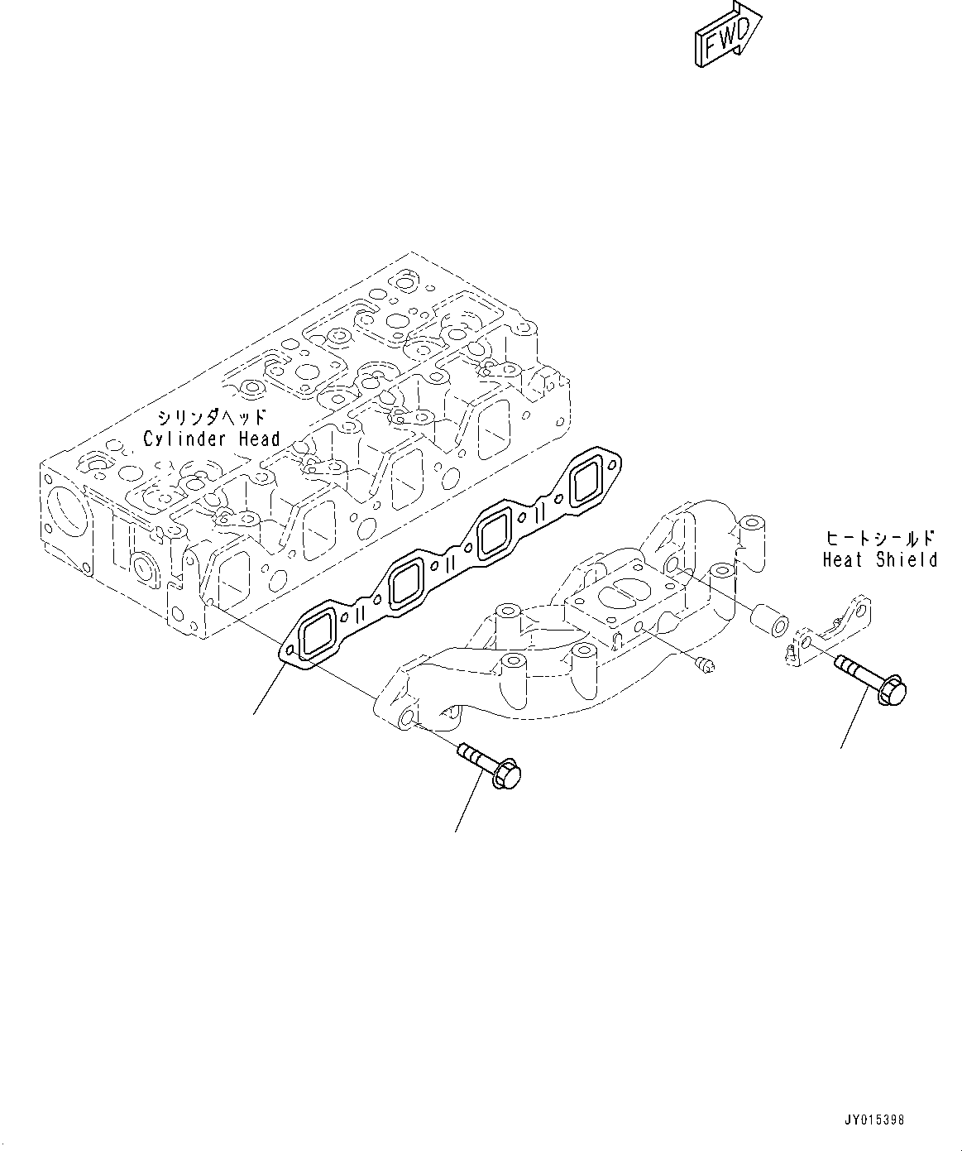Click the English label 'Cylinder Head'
click(212, 439)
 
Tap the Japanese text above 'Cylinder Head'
click(212, 417)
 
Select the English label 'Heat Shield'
click(879, 560)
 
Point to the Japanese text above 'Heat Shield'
click(879, 537)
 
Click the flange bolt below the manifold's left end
click(491, 766)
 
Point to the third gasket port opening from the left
click(497, 531)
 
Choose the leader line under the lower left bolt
click(468, 803)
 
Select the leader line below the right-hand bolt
click(854, 720)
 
